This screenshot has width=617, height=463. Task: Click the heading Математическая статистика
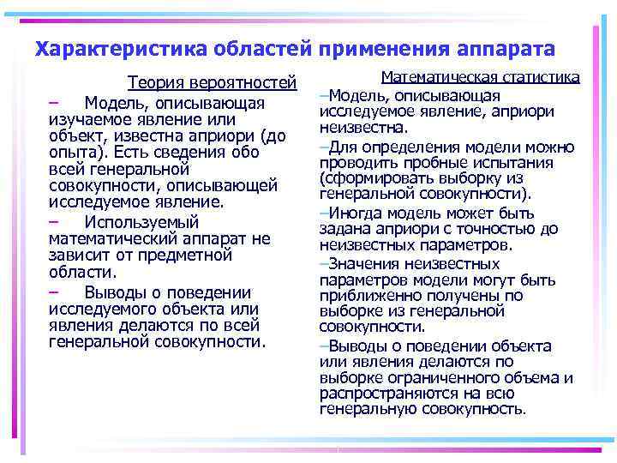click(x=481, y=77)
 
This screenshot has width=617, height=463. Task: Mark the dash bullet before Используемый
click(x=54, y=221)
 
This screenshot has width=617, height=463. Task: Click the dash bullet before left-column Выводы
click(x=54, y=292)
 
